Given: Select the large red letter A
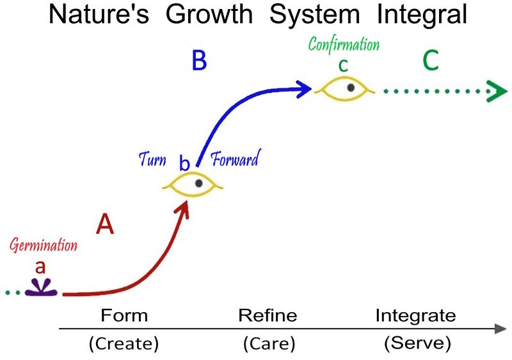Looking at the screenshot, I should pos(105,224).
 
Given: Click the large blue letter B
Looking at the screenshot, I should pos(200,61).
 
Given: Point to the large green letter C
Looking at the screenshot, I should pos(430,61).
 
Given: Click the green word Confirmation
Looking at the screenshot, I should pos(344,45).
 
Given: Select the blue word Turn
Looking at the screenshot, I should pos(152,159).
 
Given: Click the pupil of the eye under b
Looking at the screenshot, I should pos(199,184).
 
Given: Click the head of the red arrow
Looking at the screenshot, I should pos(186,207).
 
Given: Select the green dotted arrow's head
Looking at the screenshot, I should pos(493,91).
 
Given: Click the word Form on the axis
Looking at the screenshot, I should pos(124,315).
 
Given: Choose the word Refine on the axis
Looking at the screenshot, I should pos(268,315).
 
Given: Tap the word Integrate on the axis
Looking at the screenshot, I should pos(415,315).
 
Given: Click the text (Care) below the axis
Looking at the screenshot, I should pos(269,344).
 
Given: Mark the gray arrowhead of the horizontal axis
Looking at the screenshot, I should pos(500,329).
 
